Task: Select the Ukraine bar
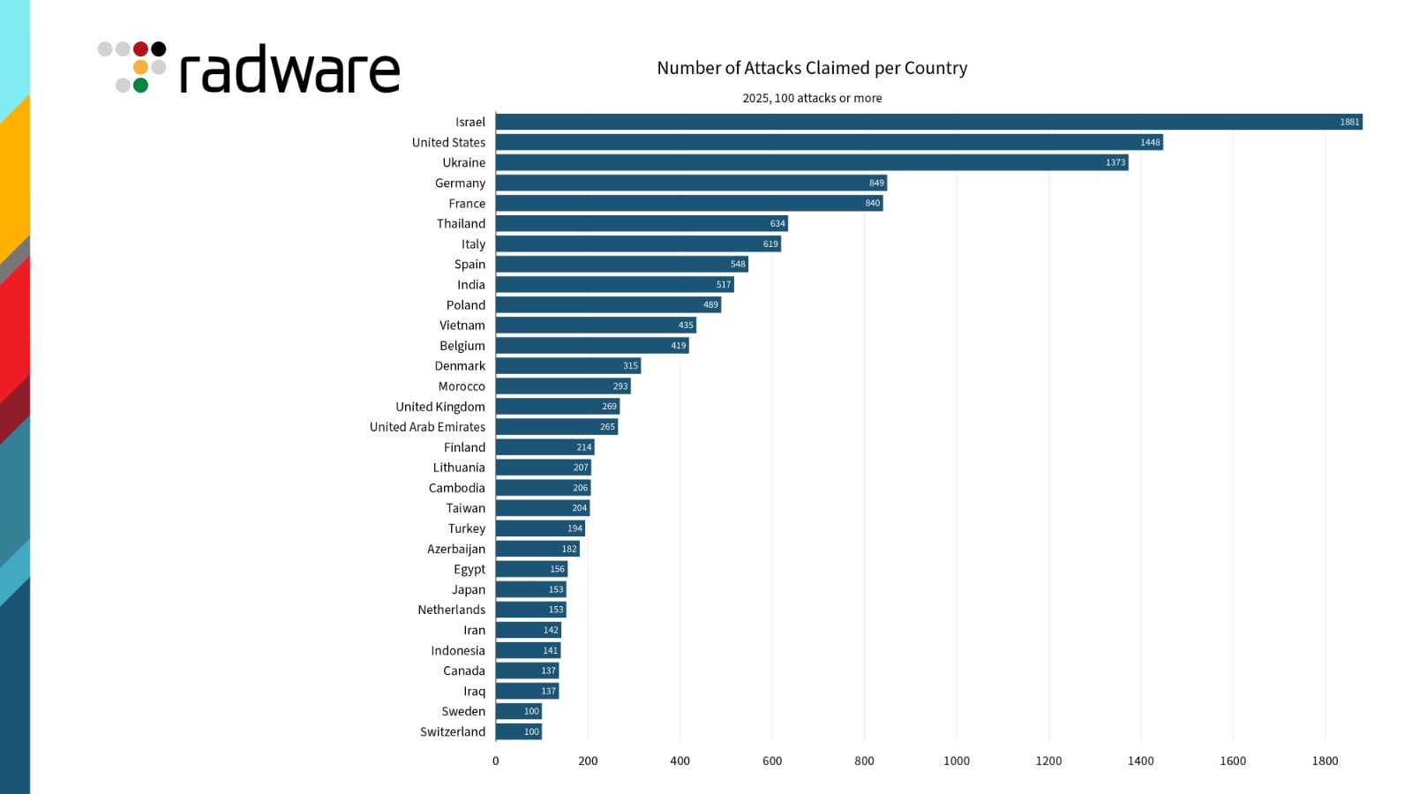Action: tap(812, 162)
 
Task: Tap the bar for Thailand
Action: tap(642, 223)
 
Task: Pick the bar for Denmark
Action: tap(568, 365)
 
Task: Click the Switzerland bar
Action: tap(519, 731)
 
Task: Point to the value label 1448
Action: tap(1150, 142)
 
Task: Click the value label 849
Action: tap(876, 183)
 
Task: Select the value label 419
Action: tap(678, 346)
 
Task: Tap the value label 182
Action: tap(569, 549)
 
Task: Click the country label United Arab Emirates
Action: tap(427, 427)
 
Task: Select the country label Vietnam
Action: tap(462, 326)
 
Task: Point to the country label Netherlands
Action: tap(452, 610)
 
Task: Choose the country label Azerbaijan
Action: tap(456, 549)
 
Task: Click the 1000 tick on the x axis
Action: tap(956, 760)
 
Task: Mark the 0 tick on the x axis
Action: tap(496, 760)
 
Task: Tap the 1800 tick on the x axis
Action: tap(1325, 760)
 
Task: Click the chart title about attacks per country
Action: tap(812, 68)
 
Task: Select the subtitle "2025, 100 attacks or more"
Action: tap(812, 98)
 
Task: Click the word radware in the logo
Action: tap(289, 71)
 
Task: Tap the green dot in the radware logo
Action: tap(140, 86)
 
